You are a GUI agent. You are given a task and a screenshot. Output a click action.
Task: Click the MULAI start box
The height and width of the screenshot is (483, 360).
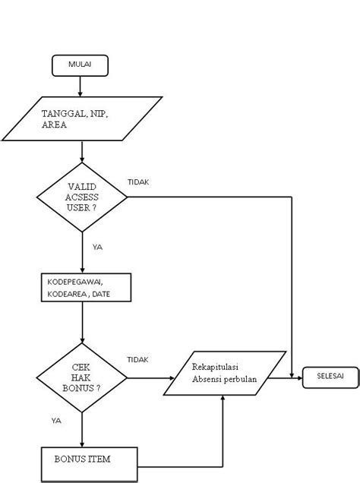(80, 65)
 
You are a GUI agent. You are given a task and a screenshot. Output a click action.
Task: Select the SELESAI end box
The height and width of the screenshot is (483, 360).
(330, 377)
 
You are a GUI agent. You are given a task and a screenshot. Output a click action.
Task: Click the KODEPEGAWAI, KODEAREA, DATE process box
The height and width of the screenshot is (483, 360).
(83, 287)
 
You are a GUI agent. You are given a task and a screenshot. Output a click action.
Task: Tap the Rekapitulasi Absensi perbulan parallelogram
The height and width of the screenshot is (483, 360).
(225, 373)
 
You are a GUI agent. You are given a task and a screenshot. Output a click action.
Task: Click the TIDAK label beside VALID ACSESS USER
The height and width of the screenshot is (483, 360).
(137, 182)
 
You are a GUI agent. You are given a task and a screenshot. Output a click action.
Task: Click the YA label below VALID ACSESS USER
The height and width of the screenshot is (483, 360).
(97, 247)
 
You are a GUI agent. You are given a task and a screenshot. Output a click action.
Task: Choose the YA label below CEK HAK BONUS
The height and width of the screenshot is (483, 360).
(56, 420)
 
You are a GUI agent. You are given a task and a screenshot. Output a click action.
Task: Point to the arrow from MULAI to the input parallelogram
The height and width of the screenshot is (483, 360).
(80, 86)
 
